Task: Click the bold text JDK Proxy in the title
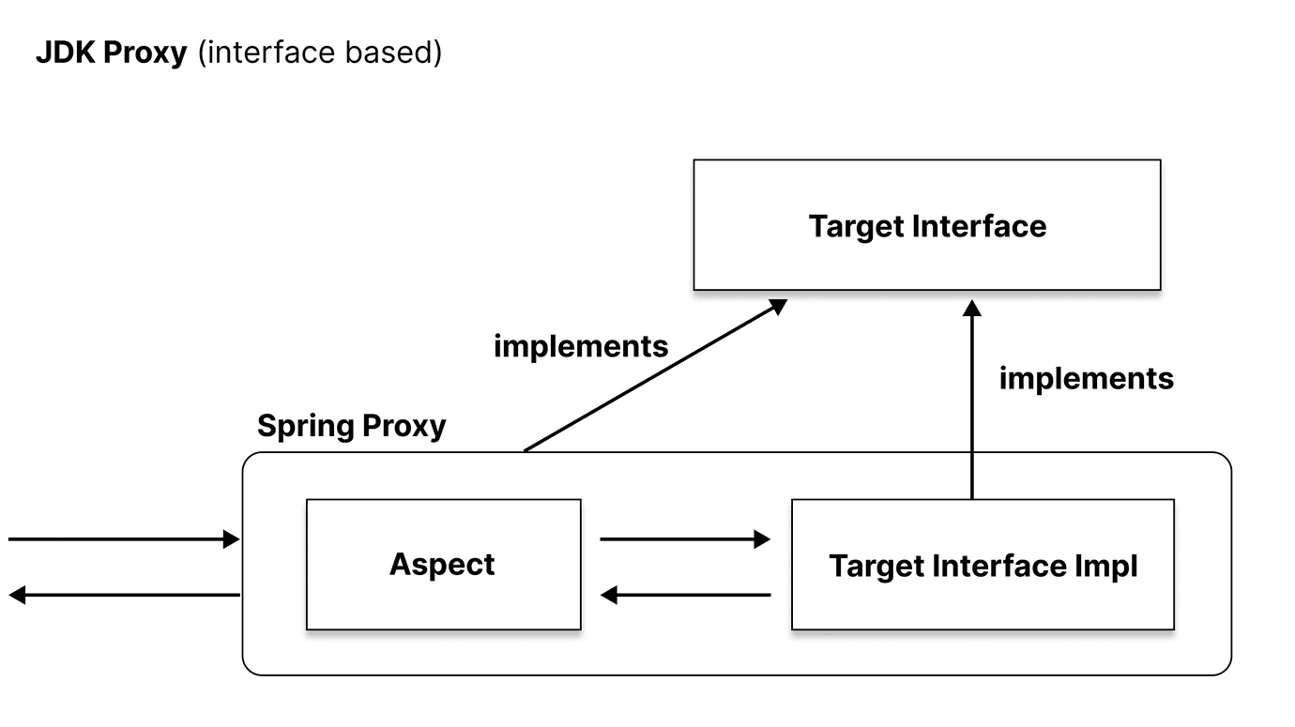tap(111, 53)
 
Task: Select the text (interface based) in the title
tap(319, 53)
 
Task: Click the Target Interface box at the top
tap(926, 225)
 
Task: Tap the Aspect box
tap(443, 564)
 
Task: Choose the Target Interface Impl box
tap(983, 565)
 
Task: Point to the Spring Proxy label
tap(351, 426)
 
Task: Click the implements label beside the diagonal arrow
tap(580, 346)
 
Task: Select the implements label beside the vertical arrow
tap(1086, 378)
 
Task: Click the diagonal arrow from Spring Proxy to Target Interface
tap(653, 376)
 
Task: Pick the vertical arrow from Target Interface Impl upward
tap(972, 403)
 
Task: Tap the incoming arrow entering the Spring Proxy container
tap(122, 538)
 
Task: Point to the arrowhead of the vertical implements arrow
tap(972, 308)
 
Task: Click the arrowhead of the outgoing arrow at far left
tap(17, 595)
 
